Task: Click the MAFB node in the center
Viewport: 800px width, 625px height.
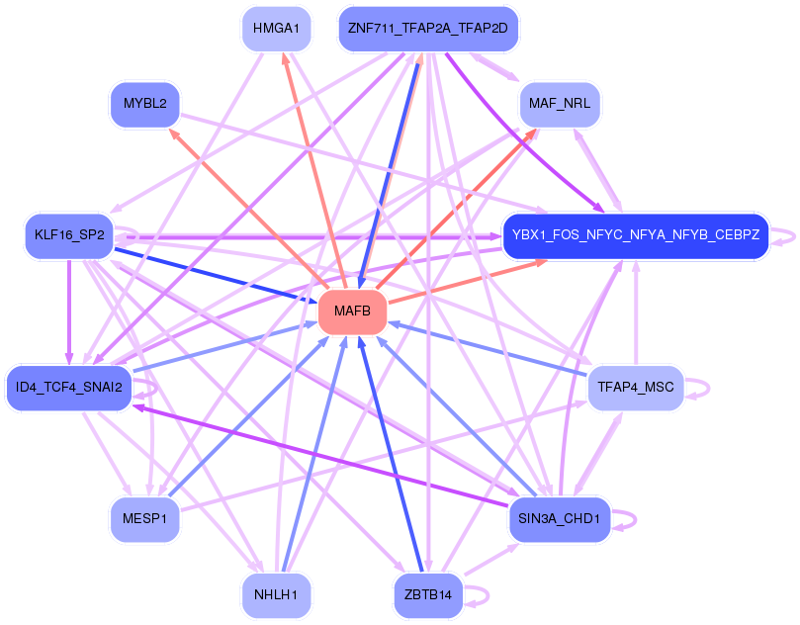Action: pos(351,312)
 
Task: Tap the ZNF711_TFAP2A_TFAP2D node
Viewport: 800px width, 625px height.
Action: pos(427,29)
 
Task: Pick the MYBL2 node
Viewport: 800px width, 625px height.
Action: pos(144,103)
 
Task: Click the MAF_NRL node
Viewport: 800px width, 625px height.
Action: pos(560,103)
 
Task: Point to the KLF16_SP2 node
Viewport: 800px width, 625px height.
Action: pos(68,235)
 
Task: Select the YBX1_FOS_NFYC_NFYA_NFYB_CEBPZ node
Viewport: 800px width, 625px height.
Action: pos(635,235)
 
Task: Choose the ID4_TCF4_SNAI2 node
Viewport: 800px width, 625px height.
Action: pos(68,387)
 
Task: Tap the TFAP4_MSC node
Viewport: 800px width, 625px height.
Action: pos(635,387)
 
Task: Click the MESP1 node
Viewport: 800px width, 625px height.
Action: pos(144,518)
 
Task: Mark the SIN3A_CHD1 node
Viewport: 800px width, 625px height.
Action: pos(560,518)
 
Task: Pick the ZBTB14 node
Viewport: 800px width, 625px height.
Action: pos(427,594)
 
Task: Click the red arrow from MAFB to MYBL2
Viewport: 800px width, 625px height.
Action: pos(247,208)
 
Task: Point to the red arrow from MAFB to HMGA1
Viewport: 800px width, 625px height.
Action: pos(307,148)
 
